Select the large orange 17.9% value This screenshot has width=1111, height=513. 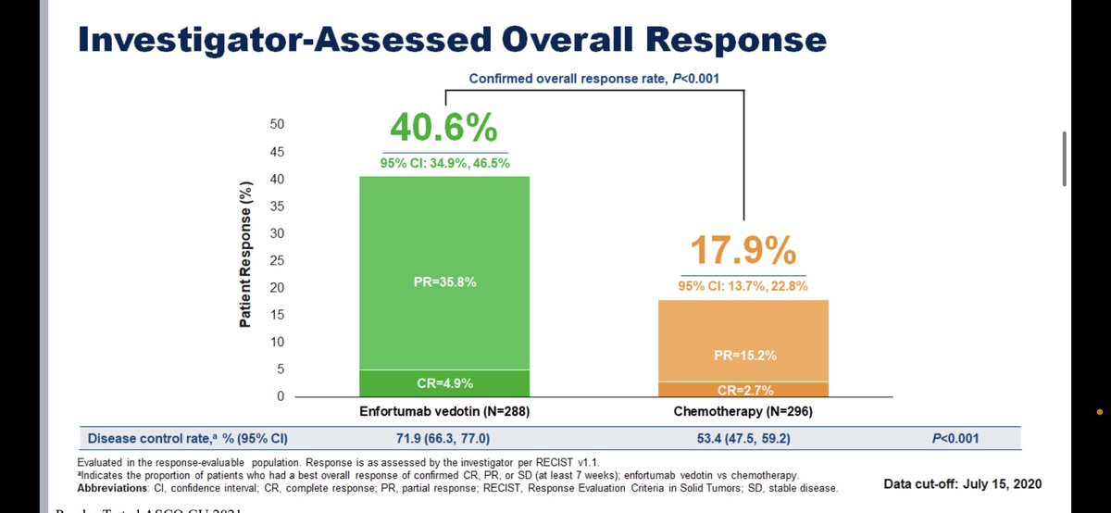[x=744, y=252]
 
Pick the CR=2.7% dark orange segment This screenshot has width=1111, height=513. [x=744, y=390]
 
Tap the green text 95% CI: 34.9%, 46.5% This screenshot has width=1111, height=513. [x=445, y=163]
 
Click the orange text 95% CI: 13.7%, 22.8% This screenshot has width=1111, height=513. [x=744, y=286]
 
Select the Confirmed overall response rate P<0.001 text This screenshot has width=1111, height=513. [x=593, y=78]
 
